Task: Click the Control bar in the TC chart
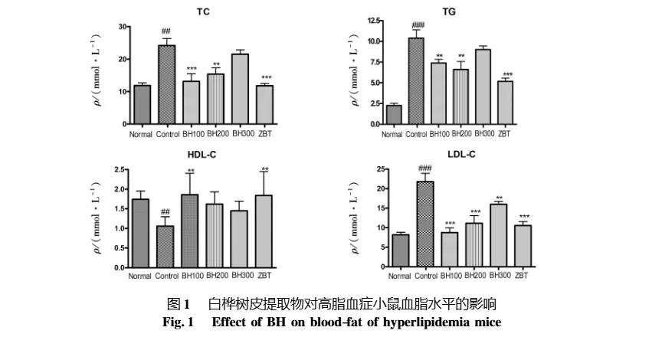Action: click(x=166, y=84)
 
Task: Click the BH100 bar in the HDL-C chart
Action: click(x=191, y=231)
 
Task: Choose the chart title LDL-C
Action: click(x=460, y=155)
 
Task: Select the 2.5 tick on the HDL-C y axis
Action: click(x=117, y=169)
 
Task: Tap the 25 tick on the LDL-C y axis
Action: click(x=378, y=169)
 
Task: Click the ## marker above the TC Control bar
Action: click(x=165, y=31)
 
